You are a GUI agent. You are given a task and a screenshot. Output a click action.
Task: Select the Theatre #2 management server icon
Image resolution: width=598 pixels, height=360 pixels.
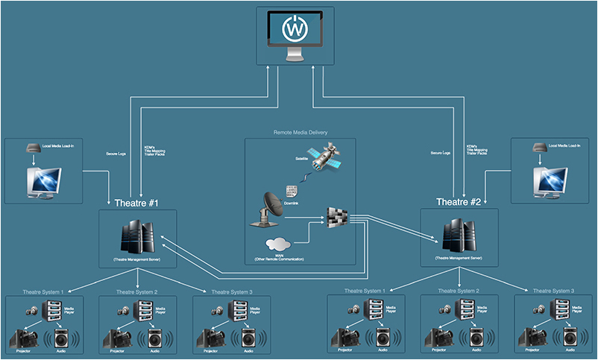coord(459,234)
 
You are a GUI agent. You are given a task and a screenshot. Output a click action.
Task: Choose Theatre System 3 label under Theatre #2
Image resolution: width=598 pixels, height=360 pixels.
coord(553,291)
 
